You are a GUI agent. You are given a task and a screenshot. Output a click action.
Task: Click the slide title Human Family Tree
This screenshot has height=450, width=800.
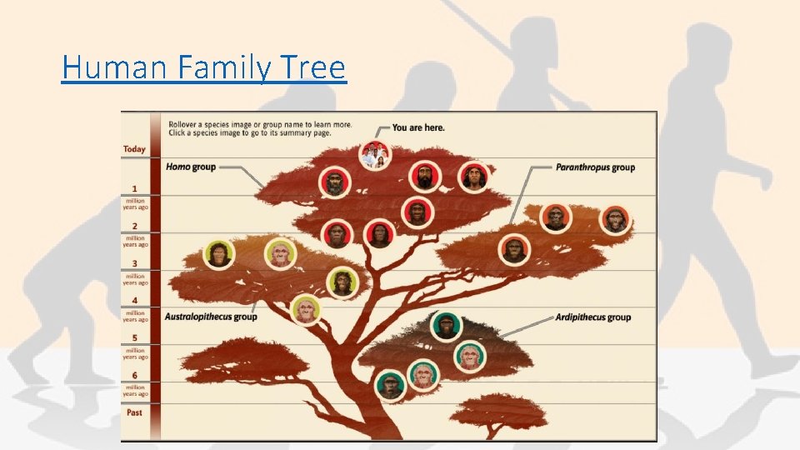click(203, 67)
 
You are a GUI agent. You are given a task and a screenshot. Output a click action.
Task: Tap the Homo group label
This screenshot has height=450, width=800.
click(191, 167)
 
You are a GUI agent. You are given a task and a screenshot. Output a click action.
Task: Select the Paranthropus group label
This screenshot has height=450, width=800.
click(595, 167)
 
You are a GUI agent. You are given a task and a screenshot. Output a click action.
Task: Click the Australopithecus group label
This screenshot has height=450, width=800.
click(211, 317)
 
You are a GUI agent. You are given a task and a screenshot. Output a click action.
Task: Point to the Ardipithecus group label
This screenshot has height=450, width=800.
click(592, 317)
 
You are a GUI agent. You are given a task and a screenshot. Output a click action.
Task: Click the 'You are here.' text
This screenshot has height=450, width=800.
click(418, 127)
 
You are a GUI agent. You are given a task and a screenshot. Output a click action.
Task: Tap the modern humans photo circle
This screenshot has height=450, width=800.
click(374, 155)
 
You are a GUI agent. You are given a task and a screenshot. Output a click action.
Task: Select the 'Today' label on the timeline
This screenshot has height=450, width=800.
click(134, 149)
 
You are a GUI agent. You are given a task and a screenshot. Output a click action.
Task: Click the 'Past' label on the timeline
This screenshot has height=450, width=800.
click(134, 412)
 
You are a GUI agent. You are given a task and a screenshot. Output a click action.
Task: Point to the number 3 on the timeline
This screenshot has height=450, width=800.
click(134, 263)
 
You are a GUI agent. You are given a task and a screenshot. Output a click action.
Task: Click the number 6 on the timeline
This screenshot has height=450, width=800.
click(134, 375)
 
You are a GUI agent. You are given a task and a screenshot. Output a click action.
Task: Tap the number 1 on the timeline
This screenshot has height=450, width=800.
click(134, 189)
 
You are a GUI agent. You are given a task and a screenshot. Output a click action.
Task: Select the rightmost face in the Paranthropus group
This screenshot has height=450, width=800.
click(614, 219)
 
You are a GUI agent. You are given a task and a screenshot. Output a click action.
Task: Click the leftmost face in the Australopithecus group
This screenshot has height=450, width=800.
click(218, 255)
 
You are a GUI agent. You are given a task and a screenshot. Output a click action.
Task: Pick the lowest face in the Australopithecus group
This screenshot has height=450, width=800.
click(306, 311)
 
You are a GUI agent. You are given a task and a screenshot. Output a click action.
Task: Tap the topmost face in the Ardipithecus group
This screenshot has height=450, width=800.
click(446, 326)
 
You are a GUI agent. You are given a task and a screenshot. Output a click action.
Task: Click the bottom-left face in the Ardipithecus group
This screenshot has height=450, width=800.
click(388, 384)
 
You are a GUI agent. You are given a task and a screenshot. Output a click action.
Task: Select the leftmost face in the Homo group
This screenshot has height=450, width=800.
click(333, 182)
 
